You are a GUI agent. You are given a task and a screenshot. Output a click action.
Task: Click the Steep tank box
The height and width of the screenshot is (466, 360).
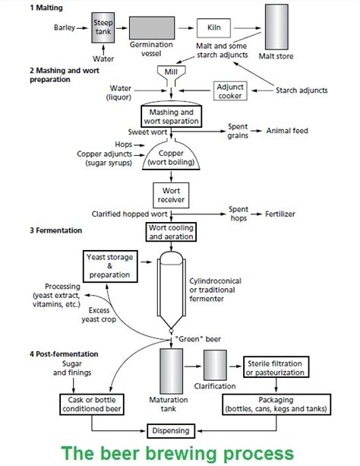103,27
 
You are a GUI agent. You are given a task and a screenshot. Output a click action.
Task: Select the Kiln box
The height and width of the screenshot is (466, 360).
213,28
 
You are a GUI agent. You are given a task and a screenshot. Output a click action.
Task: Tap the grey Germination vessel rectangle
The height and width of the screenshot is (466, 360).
152,28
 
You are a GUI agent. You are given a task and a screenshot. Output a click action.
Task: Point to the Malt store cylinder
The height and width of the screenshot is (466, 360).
276,27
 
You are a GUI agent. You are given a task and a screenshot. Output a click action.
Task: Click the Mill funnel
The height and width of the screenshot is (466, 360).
171,74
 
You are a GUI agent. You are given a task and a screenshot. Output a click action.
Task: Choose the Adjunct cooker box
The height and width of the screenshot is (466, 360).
230,91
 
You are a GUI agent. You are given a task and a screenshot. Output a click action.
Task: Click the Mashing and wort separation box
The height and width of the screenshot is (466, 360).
172,116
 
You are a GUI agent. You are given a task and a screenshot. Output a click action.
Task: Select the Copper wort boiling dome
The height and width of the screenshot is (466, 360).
171,157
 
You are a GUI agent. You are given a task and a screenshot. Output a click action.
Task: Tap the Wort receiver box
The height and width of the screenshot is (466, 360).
171,195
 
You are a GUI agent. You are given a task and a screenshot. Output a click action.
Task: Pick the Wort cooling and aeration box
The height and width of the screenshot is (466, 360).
171,232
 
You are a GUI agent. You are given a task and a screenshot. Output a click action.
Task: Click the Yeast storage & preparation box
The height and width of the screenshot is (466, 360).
110,266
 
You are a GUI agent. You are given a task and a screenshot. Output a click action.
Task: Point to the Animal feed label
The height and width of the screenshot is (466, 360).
287,131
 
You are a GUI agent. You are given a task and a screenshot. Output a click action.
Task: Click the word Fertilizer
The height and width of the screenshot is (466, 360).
280,214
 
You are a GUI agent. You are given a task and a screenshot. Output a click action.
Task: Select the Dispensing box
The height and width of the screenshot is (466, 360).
171,431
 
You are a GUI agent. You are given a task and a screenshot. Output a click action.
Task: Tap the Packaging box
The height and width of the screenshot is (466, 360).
276,404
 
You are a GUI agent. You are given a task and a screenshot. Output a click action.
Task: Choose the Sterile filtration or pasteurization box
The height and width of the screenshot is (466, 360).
276,367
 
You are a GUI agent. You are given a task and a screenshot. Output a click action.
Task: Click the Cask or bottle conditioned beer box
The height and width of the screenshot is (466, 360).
92,404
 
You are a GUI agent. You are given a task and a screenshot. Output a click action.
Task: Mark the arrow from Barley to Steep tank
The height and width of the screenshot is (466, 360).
82,28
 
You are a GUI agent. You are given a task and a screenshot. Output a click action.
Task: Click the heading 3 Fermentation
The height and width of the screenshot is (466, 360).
56,230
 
